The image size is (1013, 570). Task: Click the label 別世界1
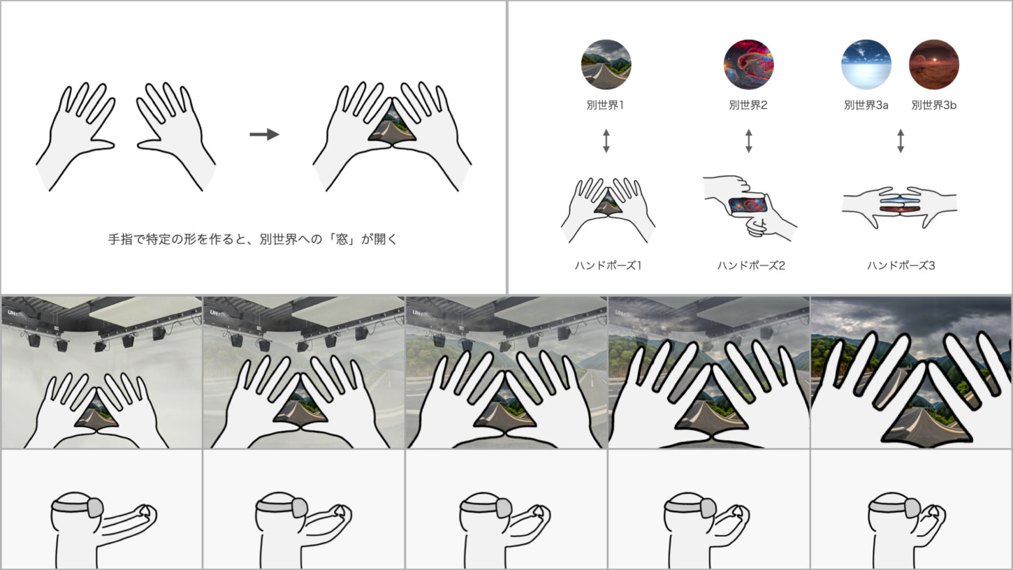(605, 105)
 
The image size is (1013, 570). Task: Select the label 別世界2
(748, 105)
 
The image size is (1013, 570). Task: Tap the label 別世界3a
(866, 105)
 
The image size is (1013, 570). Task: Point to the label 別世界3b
(934, 105)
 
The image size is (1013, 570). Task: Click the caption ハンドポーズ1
(608, 265)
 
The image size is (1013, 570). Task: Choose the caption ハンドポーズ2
(751, 265)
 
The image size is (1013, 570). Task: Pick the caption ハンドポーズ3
(901, 265)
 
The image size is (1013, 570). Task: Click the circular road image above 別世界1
(606, 64)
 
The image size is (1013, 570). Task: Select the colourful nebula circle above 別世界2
(748, 64)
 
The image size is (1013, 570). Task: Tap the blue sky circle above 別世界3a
(866, 64)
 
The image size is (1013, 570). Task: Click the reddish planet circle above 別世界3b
(934, 64)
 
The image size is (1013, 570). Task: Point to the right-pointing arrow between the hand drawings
(265, 134)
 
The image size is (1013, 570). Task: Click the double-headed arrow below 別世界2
(748, 141)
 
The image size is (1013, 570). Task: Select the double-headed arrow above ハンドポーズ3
(901, 141)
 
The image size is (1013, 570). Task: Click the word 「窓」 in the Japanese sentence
(342, 239)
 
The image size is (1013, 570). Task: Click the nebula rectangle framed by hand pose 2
(748, 205)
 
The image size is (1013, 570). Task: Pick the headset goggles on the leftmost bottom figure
(94, 507)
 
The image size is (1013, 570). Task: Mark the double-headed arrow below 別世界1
(606, 141)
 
